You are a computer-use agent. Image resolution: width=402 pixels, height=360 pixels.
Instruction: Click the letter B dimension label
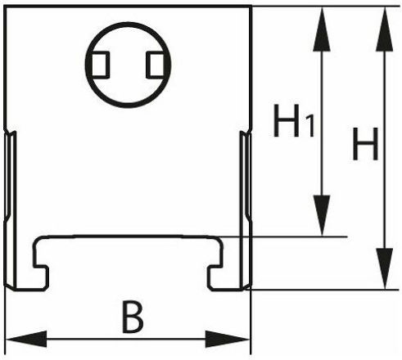133,317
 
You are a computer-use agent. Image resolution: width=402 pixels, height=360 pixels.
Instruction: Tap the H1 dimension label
294,120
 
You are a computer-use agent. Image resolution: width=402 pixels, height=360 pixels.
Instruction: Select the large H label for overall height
365,144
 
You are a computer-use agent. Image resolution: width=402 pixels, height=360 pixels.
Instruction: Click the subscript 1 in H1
310,126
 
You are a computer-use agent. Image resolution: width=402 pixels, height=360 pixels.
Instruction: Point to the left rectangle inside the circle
100,65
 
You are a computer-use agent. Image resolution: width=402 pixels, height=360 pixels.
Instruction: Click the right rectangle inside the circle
156,65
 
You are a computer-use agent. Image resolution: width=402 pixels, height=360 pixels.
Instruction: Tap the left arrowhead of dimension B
26,339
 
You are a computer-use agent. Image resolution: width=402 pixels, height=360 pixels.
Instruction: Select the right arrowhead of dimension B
228,339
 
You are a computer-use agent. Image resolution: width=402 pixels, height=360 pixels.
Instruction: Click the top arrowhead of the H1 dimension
322,29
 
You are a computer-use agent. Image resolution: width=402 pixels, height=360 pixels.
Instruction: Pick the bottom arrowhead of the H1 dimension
322,215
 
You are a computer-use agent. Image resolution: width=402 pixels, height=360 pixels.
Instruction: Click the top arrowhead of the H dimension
385,29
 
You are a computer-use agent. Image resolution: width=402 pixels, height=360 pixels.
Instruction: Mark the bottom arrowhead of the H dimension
385,268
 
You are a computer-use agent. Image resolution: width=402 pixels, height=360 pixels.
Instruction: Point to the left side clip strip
10,210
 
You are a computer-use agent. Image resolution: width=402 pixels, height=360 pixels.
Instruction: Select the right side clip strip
246,210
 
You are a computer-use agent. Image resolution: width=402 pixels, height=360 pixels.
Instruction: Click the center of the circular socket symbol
128,65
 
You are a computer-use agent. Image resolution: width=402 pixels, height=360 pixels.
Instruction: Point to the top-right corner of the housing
251,7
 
